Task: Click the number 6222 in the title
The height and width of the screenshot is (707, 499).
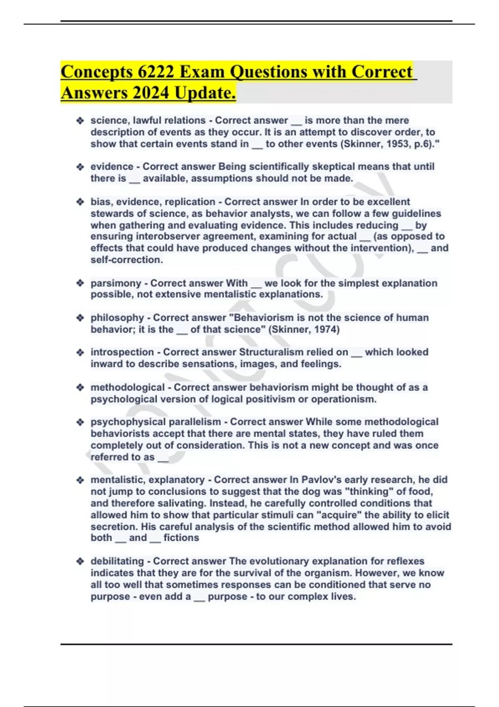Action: coord(156,72)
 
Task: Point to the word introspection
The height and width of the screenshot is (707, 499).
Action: coord(122,352)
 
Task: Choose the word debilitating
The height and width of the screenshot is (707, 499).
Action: coord(117,561)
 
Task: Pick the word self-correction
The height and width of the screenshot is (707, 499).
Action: coord(126,260)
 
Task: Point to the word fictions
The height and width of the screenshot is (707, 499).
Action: coord(181,538)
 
